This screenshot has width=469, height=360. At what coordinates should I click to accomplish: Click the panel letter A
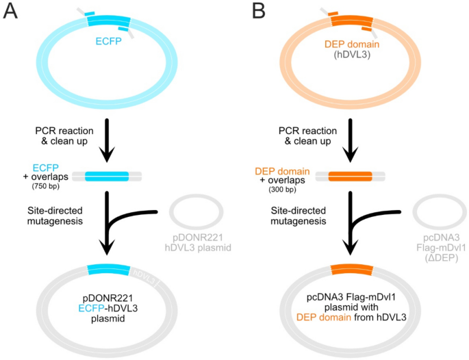(10, 12)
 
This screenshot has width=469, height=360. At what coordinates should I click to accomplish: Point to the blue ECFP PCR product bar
(107, 177)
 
